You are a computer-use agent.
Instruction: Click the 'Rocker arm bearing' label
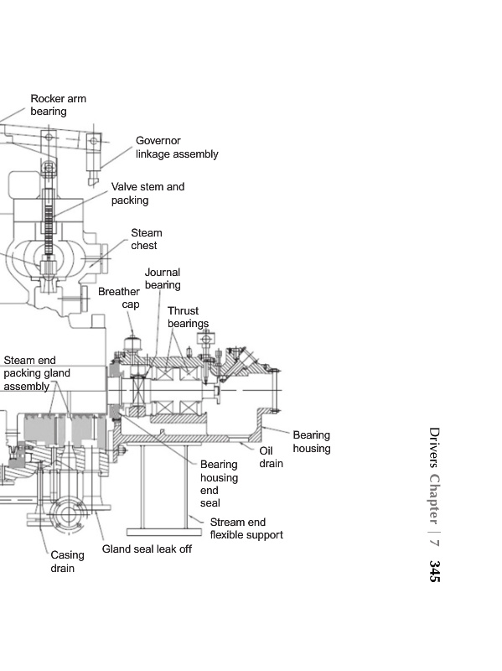coord(58,105)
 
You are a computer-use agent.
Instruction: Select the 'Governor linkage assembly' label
coord(177,148)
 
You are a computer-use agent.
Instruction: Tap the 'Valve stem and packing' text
coord(148,194)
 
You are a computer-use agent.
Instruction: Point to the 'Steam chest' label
coord(146,239)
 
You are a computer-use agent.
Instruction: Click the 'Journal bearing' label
coord(163,278)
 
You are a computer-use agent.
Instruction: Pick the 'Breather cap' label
coord(119,298)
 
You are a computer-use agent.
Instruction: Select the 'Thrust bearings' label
coord(188,317)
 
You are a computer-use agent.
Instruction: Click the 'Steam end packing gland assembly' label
coord(37,373)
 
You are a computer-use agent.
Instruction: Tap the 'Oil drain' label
coord(271,457)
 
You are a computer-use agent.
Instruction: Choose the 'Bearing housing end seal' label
coord(219,484)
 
